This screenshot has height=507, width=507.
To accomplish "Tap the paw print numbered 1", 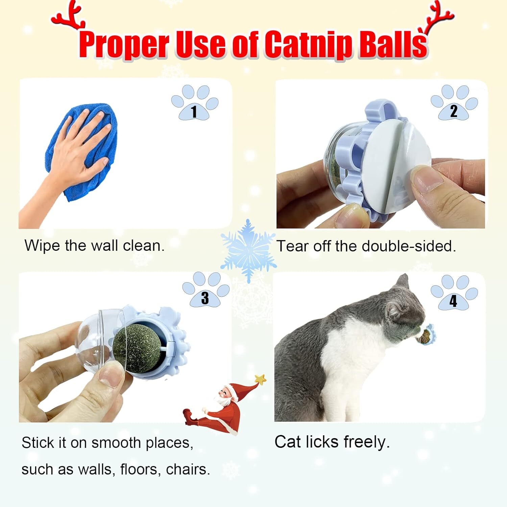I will tap(195, 103).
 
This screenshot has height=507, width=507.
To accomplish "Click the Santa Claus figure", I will tap(216, 409).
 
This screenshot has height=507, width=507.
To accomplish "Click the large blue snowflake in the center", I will tap(248, 250).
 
